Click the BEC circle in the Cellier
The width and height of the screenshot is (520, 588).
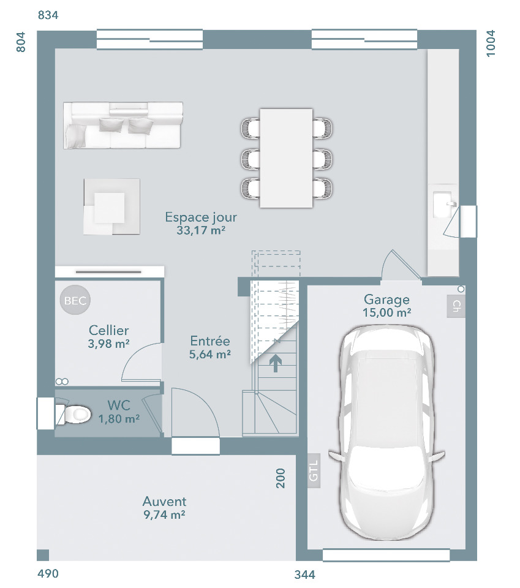click(75, 300)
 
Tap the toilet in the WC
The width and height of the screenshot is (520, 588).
click(74, 415)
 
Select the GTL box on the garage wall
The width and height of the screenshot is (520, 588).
click(314, 470)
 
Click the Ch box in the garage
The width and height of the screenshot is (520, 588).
click(456, 306)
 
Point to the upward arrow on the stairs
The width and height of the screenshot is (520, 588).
click(276, 363)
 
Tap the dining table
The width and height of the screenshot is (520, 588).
click(286, 158)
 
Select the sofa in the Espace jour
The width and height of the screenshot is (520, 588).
click(123, 125)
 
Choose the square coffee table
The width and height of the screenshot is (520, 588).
click(111, 206)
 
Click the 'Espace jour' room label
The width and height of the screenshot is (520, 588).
click(201, 217)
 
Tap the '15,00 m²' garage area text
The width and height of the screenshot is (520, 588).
click(386, 312)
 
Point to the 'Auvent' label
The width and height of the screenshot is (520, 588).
click(164, 502)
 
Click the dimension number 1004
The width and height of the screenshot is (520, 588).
click(491, 43)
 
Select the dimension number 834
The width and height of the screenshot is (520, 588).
click(48, 15)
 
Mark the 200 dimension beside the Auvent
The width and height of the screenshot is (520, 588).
click(281, 478)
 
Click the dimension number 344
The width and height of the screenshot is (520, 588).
click(305, 575)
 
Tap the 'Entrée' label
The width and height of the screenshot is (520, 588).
click(210, 341)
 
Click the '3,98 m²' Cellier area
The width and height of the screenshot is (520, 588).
click(109, 344)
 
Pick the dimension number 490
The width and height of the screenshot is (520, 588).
click(48, 573)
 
